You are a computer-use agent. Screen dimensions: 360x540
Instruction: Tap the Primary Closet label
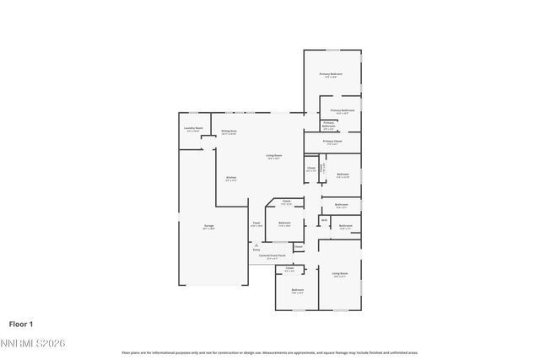tap(332, 142)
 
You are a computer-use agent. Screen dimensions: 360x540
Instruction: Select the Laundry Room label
tap(193, 129)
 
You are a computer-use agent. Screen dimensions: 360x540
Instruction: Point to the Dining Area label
tap(229, 132)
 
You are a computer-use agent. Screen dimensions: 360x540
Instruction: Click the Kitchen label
tap(230, 178)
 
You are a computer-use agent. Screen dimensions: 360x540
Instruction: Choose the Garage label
tap(208, 226)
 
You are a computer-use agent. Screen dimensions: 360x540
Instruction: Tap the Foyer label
tap(257, 224)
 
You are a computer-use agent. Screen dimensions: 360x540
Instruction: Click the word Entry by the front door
tap(256, 250)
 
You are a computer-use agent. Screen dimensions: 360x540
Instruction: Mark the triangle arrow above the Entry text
tap(256, 244)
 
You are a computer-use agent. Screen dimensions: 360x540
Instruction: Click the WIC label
tap(323, 221)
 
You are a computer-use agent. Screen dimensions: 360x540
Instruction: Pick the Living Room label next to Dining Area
tap(274, 156)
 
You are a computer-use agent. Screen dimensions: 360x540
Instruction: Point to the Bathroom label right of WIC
tap(345, 226)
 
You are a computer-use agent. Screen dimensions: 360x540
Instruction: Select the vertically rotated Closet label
tap(321, 166)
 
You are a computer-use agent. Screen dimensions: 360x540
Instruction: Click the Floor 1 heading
tap(21, 324)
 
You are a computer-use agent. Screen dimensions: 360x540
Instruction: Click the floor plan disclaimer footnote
tap(269, 352)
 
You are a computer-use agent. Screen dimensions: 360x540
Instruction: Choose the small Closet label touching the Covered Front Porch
tap(298, 246)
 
